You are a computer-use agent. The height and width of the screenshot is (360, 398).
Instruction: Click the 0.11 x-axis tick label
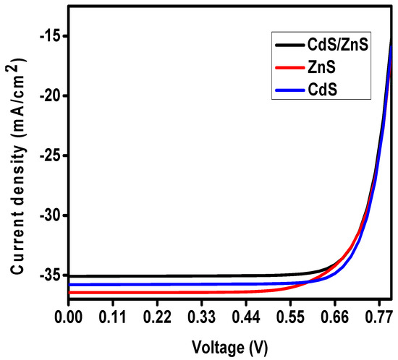[113, 316]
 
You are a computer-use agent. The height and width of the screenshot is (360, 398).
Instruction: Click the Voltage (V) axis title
[229, 346]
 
